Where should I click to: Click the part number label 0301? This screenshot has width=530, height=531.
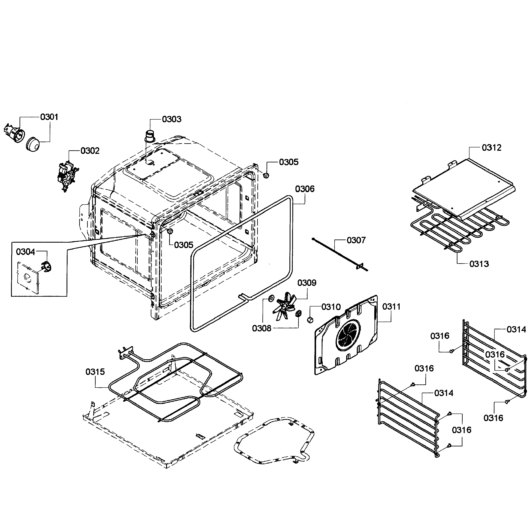pos(49,117)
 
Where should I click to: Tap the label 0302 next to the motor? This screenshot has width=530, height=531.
pos(90,151)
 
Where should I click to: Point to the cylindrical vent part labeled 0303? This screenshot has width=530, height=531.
pos(150,136)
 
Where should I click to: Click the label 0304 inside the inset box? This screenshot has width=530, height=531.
pos(26,252)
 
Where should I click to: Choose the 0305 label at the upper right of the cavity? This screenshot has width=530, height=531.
pos(289,162)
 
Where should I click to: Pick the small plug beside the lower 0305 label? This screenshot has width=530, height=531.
pos(170,231)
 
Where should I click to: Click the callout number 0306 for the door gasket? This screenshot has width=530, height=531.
pos(305,189)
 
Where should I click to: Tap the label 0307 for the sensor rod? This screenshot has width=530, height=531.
pos(356,240)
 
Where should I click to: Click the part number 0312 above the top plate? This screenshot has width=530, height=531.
pos(492,148)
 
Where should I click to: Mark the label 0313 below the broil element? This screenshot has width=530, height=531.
pos(479,264)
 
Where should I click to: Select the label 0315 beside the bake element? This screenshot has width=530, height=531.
pos(95,372)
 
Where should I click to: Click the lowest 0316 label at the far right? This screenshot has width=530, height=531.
pos(493,418)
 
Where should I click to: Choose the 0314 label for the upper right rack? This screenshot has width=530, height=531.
pos(516,329)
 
